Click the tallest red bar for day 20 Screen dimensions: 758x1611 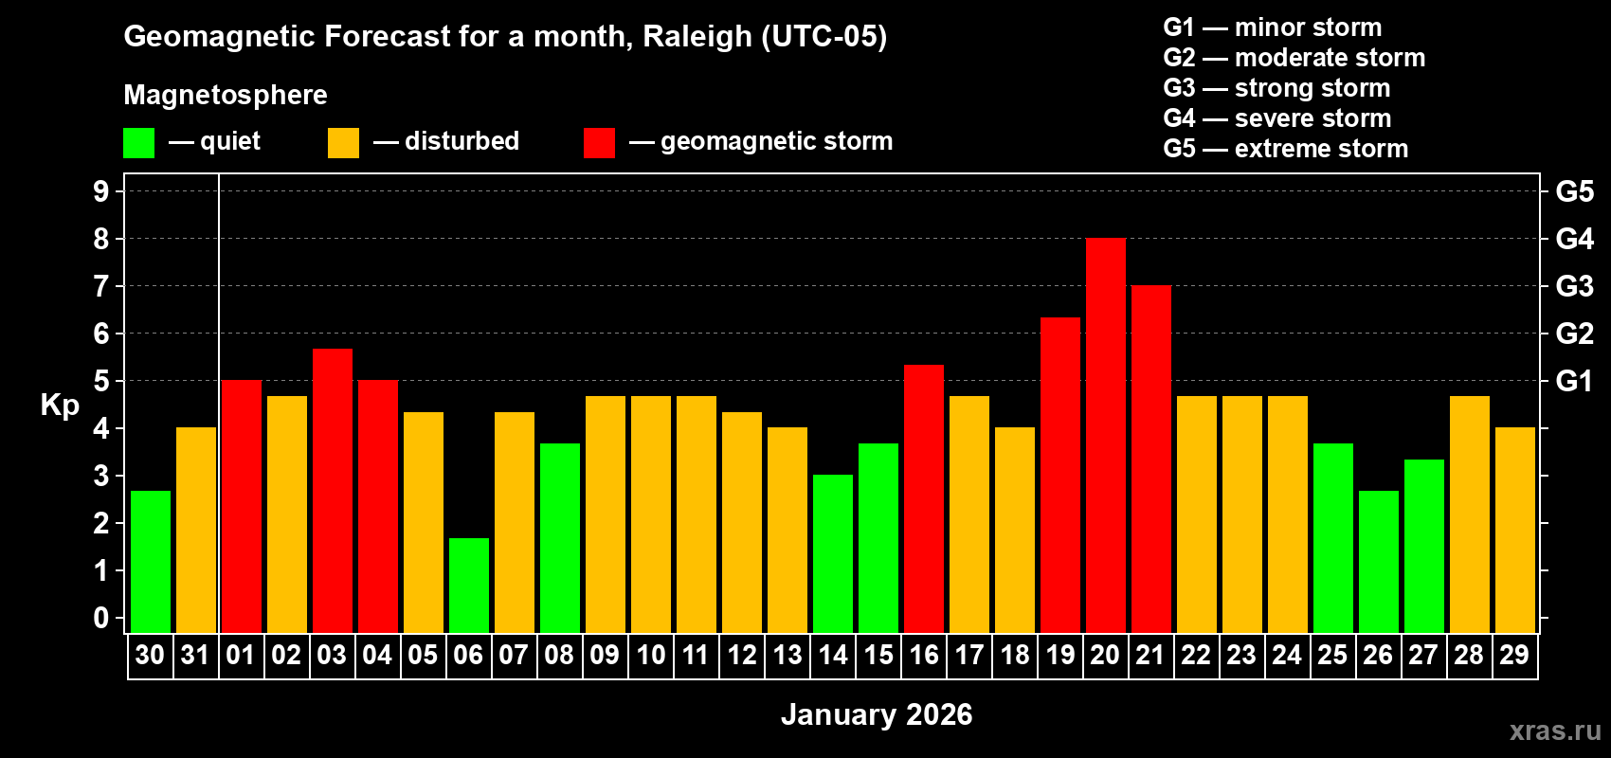1105,436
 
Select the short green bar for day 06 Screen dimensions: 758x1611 468,586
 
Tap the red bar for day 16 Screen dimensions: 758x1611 923,498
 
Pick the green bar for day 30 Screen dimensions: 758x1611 150,562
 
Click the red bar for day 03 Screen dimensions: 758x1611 332,491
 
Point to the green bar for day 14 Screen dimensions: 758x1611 832,553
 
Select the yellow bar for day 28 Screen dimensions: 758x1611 1469,514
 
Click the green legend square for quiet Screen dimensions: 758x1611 138,143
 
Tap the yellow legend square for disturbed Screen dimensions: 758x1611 343,143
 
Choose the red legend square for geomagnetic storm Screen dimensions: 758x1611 599,143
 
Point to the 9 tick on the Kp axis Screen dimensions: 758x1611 101,191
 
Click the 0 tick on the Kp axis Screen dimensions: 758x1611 101,618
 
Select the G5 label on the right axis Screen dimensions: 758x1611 1574,191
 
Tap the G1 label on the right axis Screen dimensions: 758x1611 1574,381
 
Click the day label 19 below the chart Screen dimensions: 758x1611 1059,655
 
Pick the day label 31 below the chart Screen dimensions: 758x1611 195,655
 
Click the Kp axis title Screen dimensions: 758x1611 60,406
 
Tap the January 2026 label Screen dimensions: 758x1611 877,714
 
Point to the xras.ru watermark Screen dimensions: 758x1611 1555,731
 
